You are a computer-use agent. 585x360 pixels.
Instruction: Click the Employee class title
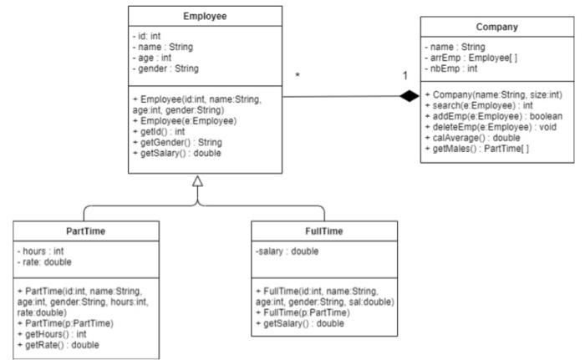[205, 17]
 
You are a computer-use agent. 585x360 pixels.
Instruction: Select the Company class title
[497, 27]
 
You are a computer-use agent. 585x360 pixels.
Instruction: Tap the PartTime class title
[86, 231]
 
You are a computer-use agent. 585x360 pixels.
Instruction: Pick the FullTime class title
[324, 231]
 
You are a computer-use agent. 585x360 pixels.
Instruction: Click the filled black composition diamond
[409, 96]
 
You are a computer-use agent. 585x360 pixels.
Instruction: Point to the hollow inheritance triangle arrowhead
[197, 181]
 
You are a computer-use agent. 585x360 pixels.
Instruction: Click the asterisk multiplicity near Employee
[298, 75]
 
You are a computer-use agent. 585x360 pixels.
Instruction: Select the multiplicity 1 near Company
[405, 76]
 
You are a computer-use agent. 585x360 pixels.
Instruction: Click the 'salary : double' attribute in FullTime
[287, 251]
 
